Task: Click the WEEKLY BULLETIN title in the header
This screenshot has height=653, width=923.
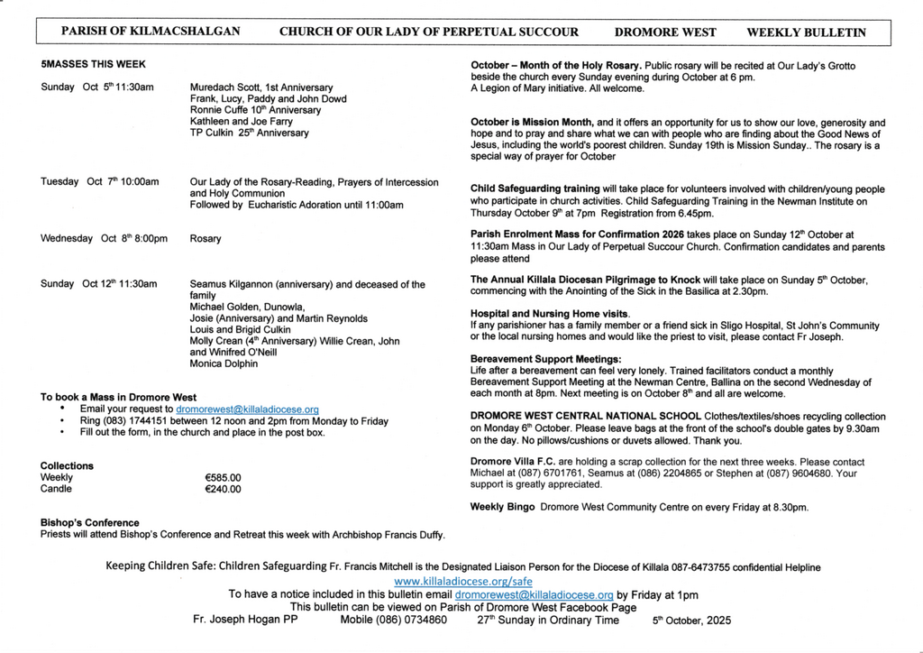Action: pos(806,32)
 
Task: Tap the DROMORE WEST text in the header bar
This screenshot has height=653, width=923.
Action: pos(665,32)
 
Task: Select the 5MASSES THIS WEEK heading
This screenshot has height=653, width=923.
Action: pos(93,65)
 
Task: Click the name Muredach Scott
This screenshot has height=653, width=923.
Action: pos(221,87)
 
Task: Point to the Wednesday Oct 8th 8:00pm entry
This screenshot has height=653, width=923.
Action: pos(104,239)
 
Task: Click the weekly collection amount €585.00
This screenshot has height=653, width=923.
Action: pos(224,478)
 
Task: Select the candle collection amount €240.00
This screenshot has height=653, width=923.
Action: pos(224,490)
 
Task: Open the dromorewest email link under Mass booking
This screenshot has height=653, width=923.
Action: pos(247,409)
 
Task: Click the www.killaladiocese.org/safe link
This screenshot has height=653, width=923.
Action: pos(463,582)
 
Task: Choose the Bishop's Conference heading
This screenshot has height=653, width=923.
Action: pos(90,523)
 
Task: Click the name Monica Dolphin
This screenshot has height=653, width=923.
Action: pos(224,364)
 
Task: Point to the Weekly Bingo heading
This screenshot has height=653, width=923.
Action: pos(502,507)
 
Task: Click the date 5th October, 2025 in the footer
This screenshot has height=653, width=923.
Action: pos(691,621)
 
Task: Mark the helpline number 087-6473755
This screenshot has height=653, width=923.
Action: pos(692,567)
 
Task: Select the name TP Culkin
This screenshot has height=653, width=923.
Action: pos(212,133)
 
